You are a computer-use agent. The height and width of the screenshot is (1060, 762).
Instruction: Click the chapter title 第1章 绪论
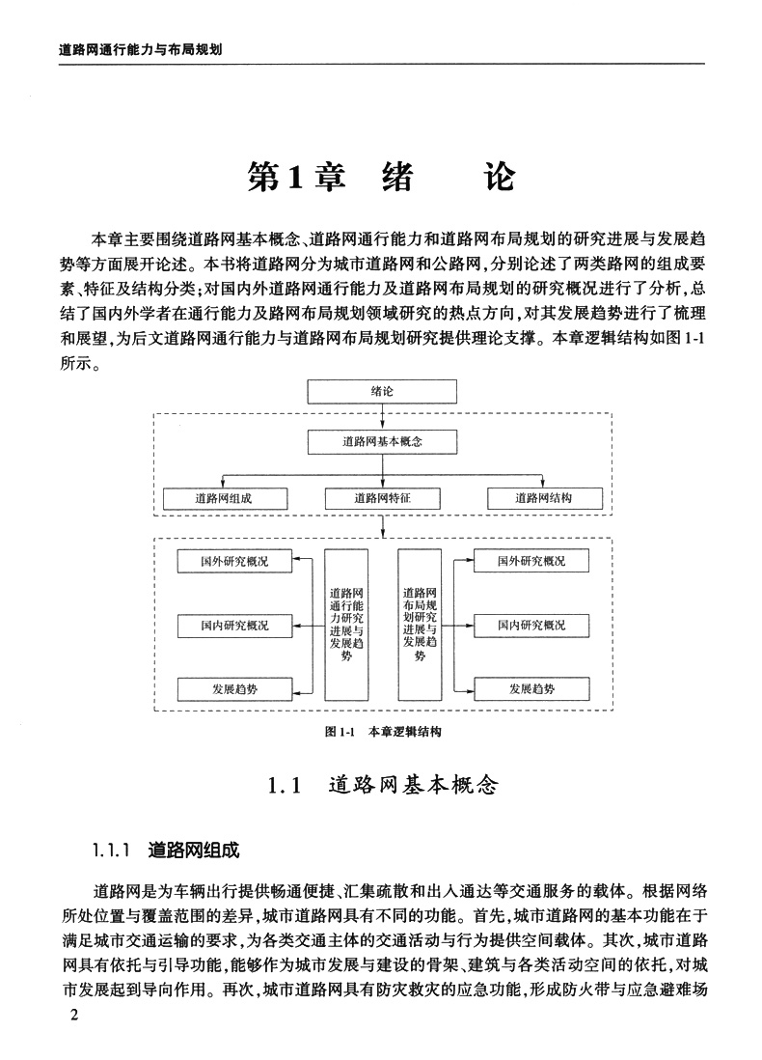(x=381, y=177)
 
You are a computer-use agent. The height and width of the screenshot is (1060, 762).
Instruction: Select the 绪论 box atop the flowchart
(x=383, y=391)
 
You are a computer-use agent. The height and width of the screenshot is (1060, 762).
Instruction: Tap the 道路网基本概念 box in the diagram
(x=383, y=441)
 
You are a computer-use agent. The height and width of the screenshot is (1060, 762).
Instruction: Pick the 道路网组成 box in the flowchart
(x=227, y=498)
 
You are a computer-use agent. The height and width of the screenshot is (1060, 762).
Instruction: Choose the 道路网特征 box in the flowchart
(x=383, y=498)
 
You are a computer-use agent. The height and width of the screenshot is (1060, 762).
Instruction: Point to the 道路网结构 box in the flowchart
(x=543, y=498)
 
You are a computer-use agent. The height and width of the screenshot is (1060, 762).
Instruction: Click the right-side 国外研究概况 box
(x=531, y=560)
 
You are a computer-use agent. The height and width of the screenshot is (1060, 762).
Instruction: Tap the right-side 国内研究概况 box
(x=531, y=626)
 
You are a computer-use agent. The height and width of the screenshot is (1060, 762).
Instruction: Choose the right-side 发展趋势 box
(x=531, y=689)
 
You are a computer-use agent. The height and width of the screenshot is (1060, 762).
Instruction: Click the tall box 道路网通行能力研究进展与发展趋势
(x=346, y=623)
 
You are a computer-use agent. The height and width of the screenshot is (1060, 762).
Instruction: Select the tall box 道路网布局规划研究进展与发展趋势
(x=420, y=623)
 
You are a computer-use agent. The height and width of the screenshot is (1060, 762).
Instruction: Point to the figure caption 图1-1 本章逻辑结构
(x=383, y=732)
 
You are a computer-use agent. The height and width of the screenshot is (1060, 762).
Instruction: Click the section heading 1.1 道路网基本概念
(x=383, y=785)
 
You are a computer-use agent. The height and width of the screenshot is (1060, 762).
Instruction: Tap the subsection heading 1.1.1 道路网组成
(x=166, y=851)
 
